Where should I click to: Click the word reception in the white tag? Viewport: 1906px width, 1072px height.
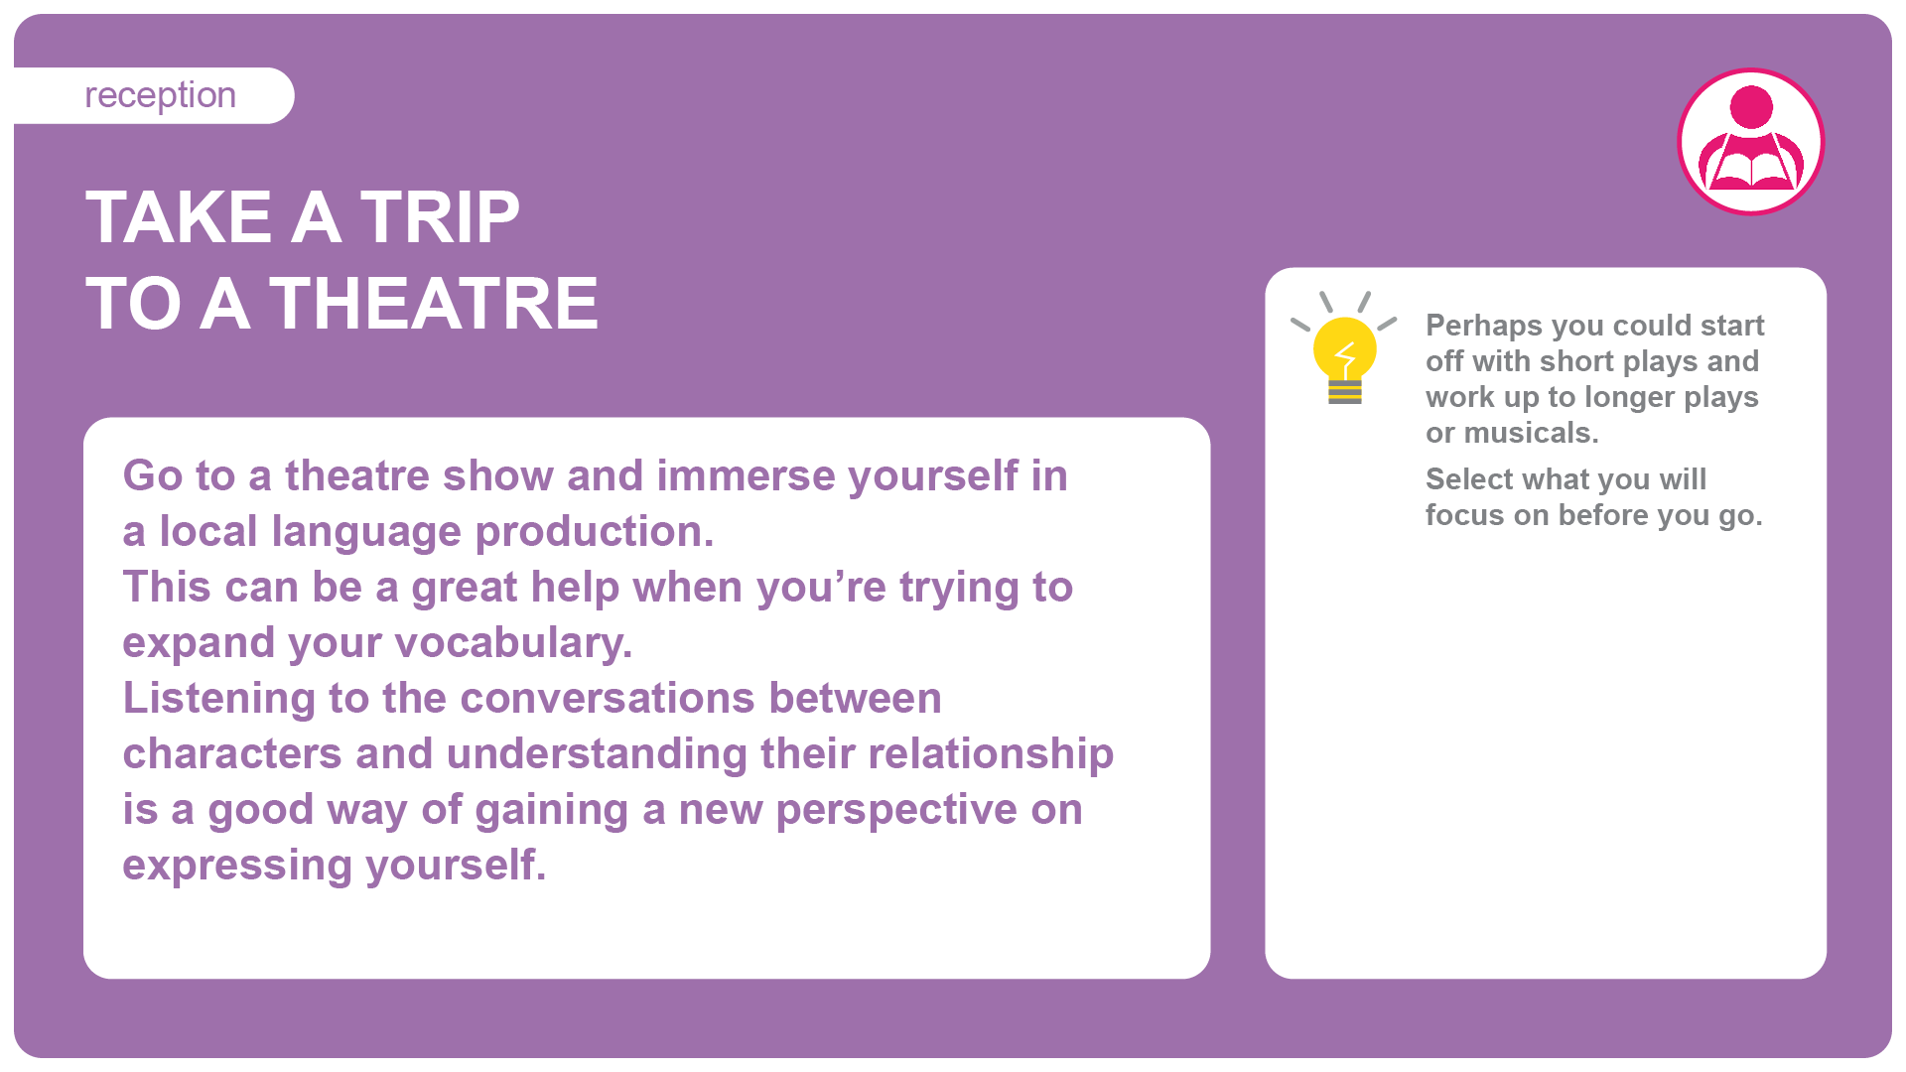tap(160, 96)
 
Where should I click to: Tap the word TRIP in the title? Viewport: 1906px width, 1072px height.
tap(439, 217)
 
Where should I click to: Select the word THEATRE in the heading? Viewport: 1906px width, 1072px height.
tap(434, 304)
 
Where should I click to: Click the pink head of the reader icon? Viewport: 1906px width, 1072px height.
tap(1751, 107)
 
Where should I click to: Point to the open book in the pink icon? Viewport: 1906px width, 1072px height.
tap(1752, 168)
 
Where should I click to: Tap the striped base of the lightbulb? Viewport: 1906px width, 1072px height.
tap(1345, 392)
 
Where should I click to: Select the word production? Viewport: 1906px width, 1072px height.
tap(594, 532)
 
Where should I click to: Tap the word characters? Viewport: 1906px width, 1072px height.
tap(232, 754)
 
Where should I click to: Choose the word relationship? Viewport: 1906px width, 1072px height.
tap(991, 754)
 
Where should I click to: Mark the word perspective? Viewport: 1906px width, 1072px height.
tap(896, 811)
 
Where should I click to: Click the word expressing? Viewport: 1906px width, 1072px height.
tap(238, 867)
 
